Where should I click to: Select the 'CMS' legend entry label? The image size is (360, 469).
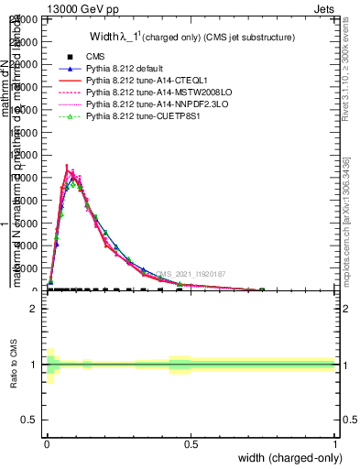coord(94,57)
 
